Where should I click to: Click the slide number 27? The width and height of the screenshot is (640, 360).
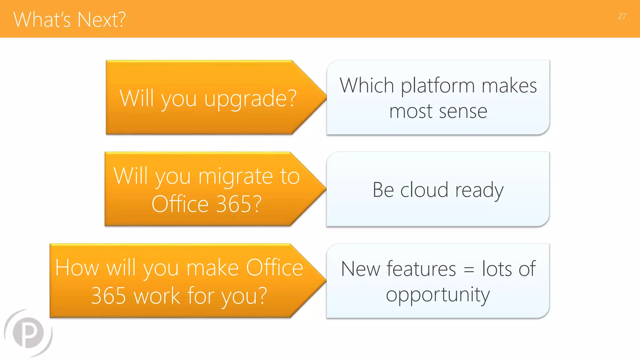tap(622, 17)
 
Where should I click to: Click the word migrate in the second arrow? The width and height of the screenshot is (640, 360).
tap(236, 177)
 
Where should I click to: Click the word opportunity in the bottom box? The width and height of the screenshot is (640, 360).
tap(438, 295)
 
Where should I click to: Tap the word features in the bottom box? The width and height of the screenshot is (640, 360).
tap(421, 269)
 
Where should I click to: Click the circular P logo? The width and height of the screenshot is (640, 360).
tap(28, 333)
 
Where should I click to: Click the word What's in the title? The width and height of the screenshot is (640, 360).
tap(42, 20)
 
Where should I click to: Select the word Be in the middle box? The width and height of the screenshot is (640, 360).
tap(383, 190)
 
